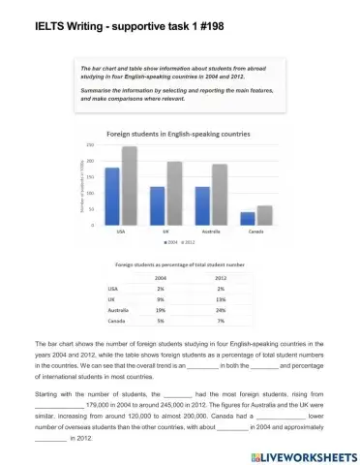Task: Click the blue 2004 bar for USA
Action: pos(112,196)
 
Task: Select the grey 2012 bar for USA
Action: pos(129,185)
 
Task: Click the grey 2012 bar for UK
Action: pos(174,193)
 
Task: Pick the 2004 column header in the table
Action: pos(162,278)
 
